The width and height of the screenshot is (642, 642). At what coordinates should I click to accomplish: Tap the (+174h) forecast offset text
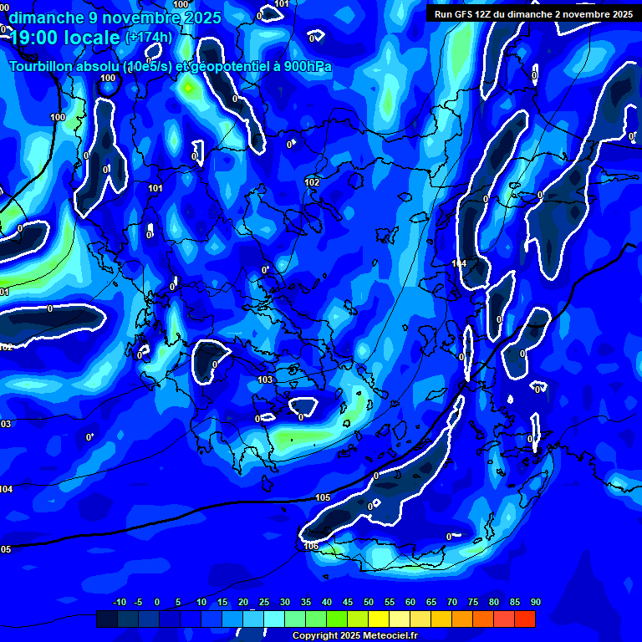pyautogui.click(x=149, y=38)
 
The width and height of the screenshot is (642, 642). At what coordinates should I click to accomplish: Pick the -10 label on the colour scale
pyautogui.click(x=119, y=603)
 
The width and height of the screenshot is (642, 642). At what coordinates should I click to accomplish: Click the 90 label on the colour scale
pyautogui.click(x=536, y=603)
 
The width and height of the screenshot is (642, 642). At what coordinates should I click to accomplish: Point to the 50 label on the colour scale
pyautogui.click(x=369, y=603)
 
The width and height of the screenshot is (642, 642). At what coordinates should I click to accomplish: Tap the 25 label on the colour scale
pyautogui.click(x=264, y=603)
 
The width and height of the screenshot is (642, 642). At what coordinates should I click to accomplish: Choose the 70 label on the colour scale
pyautogui.click(x=452, y=603)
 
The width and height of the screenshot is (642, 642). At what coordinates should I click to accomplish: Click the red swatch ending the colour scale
pyautogui.click(x=525, y=619)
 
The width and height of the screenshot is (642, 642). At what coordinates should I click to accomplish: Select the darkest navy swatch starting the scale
pyautogui.click(x=107, y=619)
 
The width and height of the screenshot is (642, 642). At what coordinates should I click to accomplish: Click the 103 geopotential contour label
pyautogui.click(x=266, y=380)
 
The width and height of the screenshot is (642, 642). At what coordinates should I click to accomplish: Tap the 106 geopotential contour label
pyautogui.click(x=311, y=546)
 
